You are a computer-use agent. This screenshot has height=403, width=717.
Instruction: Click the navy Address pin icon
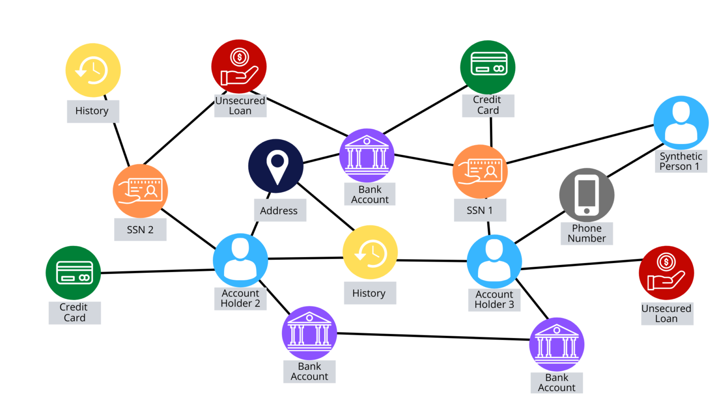[x=276, y=166]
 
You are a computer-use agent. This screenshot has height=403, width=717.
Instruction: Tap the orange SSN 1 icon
[x=480, y=172]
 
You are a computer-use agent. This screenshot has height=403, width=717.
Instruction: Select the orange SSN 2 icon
[x=140, y=191]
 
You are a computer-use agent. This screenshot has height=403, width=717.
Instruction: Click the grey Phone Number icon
[x=587, y=195]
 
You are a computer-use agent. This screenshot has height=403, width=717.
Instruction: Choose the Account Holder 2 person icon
[x=240, y=260]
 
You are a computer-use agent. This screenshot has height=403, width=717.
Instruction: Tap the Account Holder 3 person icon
[x=494, y=261]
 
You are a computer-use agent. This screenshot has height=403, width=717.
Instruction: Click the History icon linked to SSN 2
[x=93, y=70]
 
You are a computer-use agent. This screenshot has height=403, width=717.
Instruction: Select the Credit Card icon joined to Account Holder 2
[x=73, y=273]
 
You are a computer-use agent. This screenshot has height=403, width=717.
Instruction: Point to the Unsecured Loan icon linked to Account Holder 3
[x=666, y=273]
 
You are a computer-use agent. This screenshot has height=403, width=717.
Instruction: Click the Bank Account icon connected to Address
[x=367, y=155]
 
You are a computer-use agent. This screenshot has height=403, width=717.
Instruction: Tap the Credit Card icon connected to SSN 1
[x=488, y=67]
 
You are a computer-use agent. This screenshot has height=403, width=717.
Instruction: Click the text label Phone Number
[x=587, y=233]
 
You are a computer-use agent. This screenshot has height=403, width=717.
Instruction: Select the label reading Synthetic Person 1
[x=681, y=161]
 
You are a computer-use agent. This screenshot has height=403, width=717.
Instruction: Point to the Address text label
[x=279, y=210]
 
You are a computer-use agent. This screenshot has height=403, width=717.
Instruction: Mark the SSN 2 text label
[x=140, y=229]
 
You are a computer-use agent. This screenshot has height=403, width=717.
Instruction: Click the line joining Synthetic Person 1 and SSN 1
[x=579, y=144]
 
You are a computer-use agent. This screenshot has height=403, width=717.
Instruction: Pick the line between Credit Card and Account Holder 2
[x=157, y=271]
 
